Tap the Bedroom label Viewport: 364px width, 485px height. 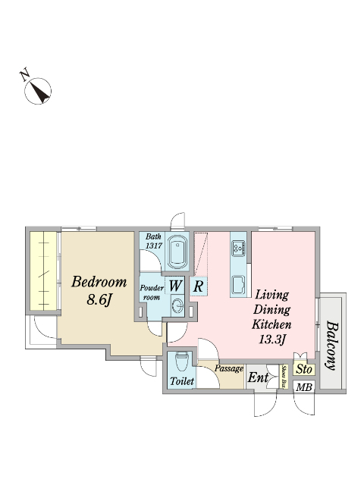coord(99,282)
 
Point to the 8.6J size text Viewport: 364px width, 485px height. coord(99,299)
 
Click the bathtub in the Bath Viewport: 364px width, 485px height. coord(177,252)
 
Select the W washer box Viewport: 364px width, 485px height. coord(175,286)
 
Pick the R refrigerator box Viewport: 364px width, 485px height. coord(198,286)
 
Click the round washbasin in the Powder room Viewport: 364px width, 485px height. coord(177,305)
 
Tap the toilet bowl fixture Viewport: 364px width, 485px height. coord(182,361)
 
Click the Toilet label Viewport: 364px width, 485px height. coord(182,381)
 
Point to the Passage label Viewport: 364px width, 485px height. coord(229,369)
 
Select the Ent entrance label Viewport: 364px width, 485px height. coord(258,377)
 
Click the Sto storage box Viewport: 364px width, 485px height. coord(304,369)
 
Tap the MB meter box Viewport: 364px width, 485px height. coord(304,387)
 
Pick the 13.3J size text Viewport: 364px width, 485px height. coord(271,339)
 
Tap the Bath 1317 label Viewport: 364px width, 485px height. coord(154,241)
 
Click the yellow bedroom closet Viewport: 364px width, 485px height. coord(43,271)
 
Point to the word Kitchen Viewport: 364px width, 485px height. coord(271,325)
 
